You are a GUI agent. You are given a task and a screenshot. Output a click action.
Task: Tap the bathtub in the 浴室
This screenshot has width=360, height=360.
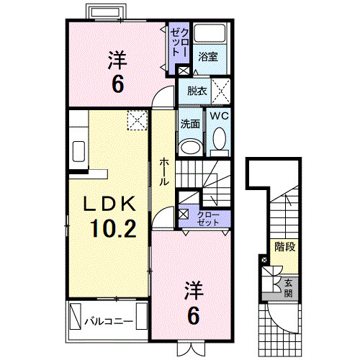[x=211, y=34]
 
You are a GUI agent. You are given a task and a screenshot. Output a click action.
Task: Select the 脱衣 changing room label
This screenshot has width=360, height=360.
[x=196, y=91]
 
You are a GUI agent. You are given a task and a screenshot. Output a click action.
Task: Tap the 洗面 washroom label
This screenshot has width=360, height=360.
[x=190, y=123]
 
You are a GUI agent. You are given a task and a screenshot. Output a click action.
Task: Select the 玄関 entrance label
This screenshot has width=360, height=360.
[x=287, y=287]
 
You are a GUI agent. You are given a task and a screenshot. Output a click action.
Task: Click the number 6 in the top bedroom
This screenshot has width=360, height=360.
[x=117, y=84]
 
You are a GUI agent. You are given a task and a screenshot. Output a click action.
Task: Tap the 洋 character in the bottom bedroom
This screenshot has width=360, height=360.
[x=192, y=292]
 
